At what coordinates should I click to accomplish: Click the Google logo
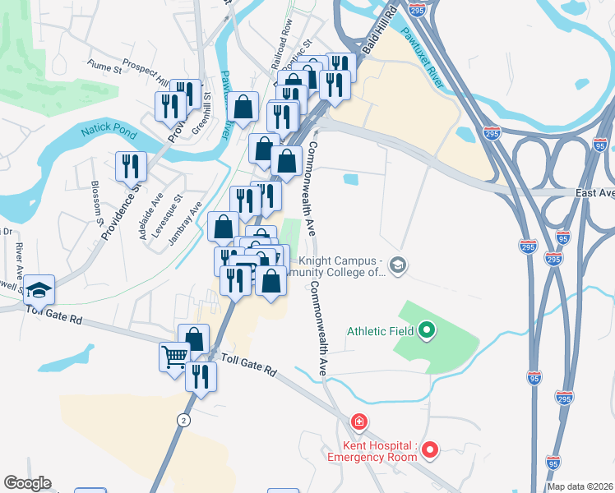pos(27,483)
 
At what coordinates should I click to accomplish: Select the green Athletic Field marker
pos(426,331)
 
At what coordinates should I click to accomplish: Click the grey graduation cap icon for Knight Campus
pos(398,264)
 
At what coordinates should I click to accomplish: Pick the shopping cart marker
pos(174,357)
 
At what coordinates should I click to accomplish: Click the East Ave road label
pos(594,193)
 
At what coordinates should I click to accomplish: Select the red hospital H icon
pos(358,422)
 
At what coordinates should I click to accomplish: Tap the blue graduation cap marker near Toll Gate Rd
pos(39,288)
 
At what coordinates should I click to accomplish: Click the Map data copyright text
pos(580,486)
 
